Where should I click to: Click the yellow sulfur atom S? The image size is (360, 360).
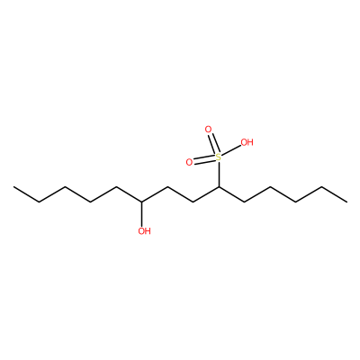pyautogui.click(x=219, y=157)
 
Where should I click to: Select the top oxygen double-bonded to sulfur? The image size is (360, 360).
pyautogui.click(x=208, y=130)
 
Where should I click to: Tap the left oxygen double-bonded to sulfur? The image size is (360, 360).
pyautogui.click(x=189, y=162)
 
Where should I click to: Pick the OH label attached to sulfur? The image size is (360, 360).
pyautogui.click(x=247, y=142)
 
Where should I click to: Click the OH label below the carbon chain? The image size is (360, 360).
pyautogui.click(x=144, y=231)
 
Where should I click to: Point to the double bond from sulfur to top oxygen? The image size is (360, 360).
pyautogui.click(x=213, y=144)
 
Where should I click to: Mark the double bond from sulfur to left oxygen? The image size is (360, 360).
pyautogui.click(x=204, y=159)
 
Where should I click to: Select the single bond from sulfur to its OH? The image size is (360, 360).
pyautogui.click(x=231, y=151)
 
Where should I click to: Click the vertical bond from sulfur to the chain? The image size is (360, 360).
pyautogui.click(x=219, y=175)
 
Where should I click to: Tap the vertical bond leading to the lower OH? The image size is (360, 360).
pyautogui.click(x=142, y=214)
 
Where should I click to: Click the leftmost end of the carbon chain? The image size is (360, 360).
pyautogui.click(x=13, y=187)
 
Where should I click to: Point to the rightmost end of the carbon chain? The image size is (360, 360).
pyautogui.click(x=346, y=202)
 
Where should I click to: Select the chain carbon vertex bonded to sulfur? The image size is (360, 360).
pyautogui.click(x=219, y=187)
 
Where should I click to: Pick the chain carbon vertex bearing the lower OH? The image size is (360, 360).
pyautogui.click(x=142, y=202)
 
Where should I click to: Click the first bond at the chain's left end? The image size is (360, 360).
pyautogui.click(x=27, y=194)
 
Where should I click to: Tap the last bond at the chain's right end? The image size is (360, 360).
pyautogui.click(x=334, y=194)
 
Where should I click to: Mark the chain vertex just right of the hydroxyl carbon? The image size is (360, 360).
pyautogui.click(x=167, y=187)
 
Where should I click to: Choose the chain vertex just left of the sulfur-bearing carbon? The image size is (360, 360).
pyautogui.click(x=193, y=202)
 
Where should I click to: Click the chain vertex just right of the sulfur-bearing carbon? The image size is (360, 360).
pyautogui.click(x=244, y=202)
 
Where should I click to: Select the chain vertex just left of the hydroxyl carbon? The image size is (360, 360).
pyautogui.click(x=116, y=187)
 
